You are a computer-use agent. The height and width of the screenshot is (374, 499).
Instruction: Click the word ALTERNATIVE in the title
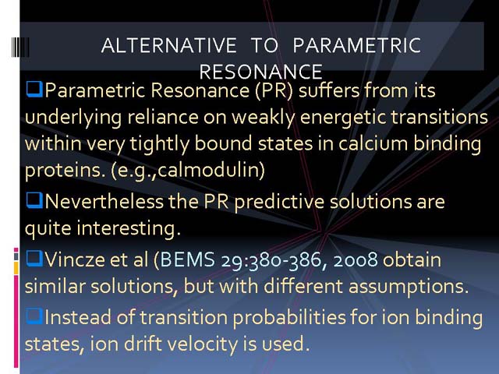(x=168, y=45)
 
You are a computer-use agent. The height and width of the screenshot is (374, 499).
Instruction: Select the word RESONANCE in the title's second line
(x=261, y=72)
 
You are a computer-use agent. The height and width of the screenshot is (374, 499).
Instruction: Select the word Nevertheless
(x=104, y=201)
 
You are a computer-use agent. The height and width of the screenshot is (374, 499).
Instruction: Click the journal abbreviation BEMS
(x=187, y=259)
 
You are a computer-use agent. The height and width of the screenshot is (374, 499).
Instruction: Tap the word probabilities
(x=288, y=318)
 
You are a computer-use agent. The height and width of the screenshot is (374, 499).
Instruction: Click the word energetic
(x=343, y=117)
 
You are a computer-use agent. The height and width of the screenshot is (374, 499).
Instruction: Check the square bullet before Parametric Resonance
(x=34, y=89)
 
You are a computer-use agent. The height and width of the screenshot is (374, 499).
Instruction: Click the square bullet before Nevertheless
(x=34, y=200)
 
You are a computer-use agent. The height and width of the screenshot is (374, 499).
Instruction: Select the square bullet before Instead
(x=34, y=316)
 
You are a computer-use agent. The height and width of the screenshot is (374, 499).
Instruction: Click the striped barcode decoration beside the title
(x=20, y=47)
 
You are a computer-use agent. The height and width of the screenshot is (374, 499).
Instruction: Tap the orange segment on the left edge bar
(x=16, y=268)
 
